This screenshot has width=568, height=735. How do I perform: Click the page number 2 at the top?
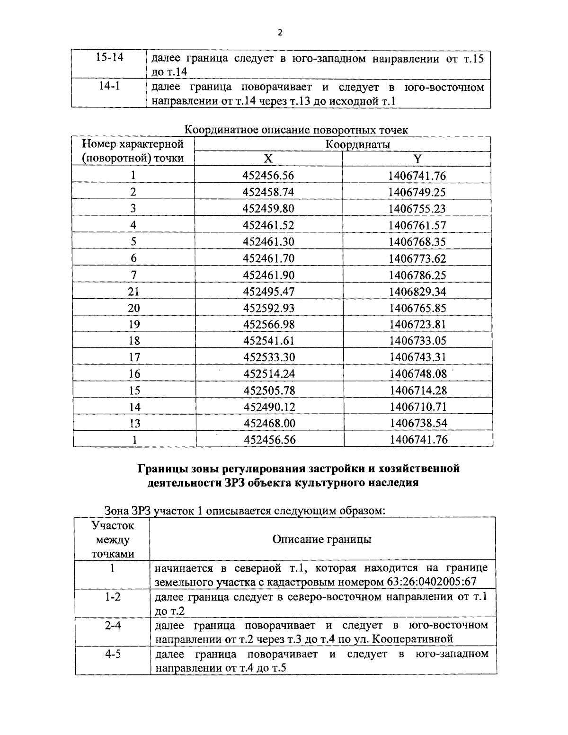(280, 32)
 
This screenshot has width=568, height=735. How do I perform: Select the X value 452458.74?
(268, 192)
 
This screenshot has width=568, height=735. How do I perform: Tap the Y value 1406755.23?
(417, 209)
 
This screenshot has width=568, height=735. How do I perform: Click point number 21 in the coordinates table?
(133, 292)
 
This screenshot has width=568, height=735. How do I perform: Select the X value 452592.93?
(269, 308)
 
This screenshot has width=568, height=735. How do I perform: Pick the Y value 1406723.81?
(417, 325)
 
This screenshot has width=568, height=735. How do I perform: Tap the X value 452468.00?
(269, 423)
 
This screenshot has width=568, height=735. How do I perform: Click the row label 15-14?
(109, 58)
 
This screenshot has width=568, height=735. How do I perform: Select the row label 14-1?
(109, 87)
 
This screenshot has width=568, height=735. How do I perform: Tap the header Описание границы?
(322, 540)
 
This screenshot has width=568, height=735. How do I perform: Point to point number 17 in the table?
(134, 357)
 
